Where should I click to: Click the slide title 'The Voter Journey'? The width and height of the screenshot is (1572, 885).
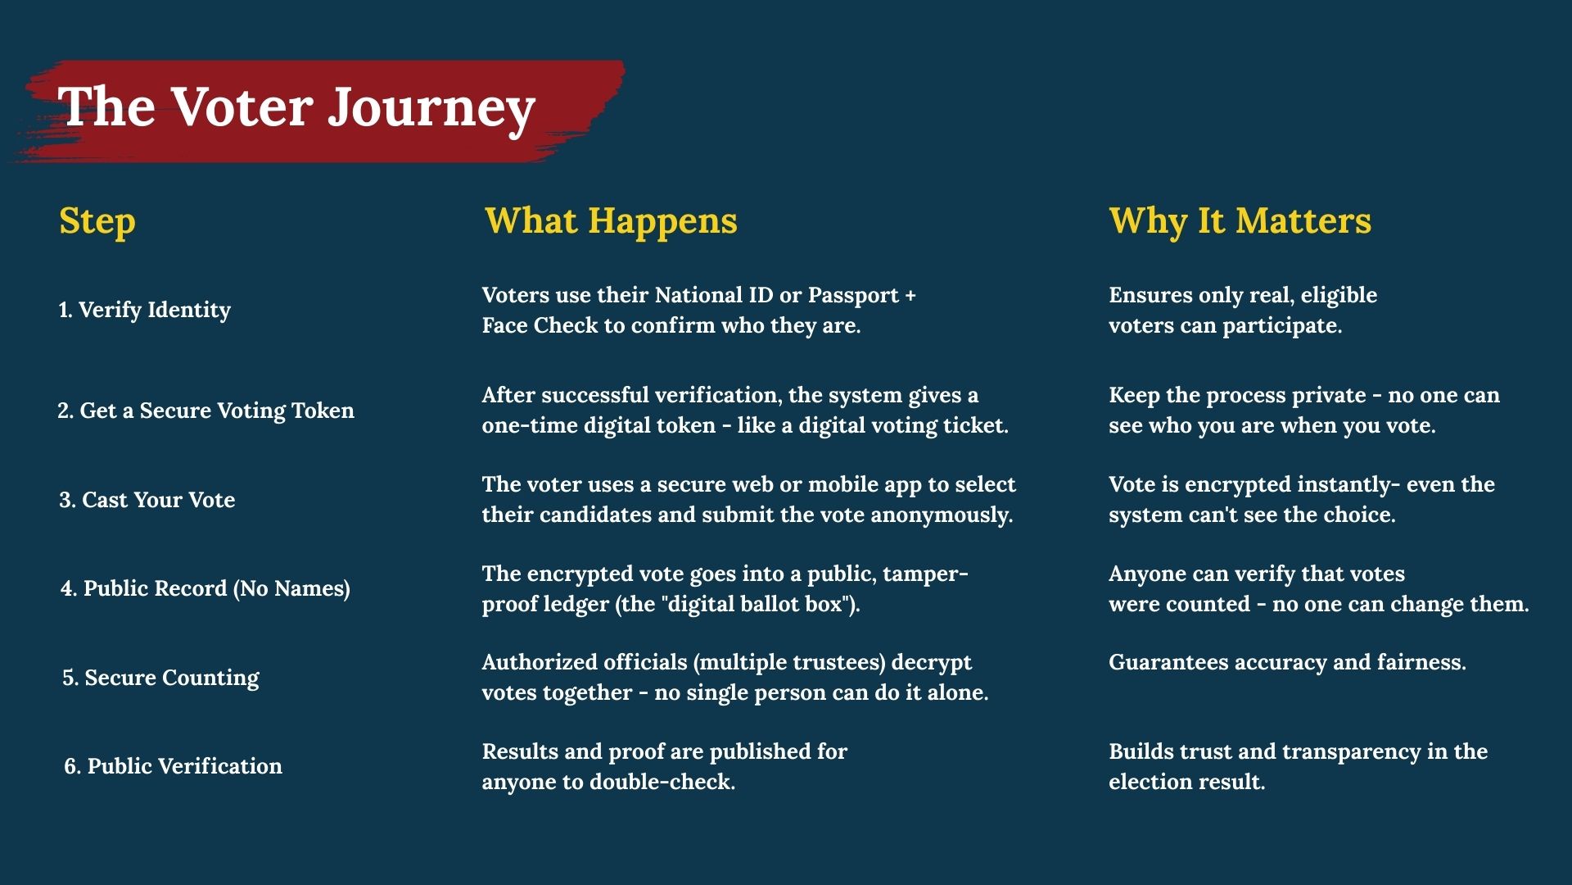(x=296, y=107)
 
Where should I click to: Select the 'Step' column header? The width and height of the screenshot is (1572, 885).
(x=97, y=221)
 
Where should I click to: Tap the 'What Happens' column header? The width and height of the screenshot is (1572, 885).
(x=611, y=221)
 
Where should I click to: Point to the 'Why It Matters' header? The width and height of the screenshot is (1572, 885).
(x=1240, y=221)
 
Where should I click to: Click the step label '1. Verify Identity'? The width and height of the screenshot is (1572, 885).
(x=144, y=310)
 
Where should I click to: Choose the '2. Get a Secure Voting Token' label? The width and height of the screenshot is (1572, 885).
(x=206, y=411)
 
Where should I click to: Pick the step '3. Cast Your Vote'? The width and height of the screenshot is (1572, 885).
(x=147, y=500)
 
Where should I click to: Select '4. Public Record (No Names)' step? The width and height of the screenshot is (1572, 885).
(x=206, y=588)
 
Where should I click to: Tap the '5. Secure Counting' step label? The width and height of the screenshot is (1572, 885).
(x=160, y=678)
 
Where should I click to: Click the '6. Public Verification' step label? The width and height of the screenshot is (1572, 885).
(x=173, y=766)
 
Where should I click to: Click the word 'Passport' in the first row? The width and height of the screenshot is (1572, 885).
(x=853, y=296)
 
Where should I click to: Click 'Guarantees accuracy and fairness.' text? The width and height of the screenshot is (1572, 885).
(x=1287, y=662)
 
